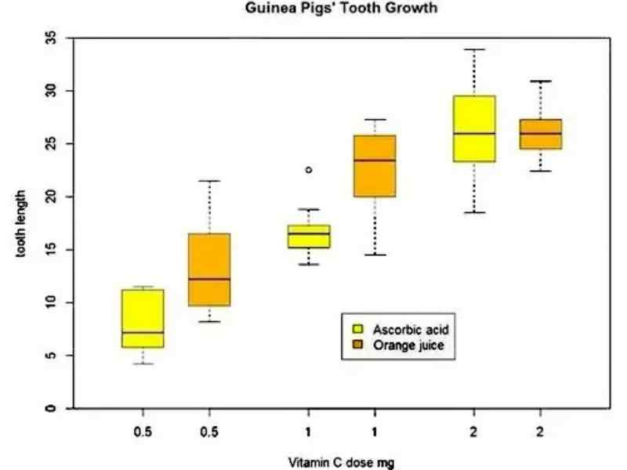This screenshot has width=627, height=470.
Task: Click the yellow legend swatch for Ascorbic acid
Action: (x=358, y=329)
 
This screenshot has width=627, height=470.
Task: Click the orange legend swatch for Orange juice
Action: (x=358, y=345)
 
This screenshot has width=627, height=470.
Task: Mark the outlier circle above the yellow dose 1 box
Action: (x=309, y=169)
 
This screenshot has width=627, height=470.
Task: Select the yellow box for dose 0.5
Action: (x=143, y=318)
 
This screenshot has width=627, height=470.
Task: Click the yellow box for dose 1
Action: (x=309, y=236)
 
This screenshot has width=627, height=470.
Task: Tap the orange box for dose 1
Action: (x=375, y=165)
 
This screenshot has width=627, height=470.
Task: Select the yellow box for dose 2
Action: (x=474, y=128)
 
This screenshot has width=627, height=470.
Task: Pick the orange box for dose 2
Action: (x=540, y=134)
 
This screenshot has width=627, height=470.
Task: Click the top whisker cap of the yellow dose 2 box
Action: (x=474, y=49)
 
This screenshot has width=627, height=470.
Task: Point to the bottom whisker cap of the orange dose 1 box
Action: (x=375, y=255)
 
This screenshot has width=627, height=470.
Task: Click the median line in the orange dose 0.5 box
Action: (x=209, y=279)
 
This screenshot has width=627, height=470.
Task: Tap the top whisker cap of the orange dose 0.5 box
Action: (x=209, y=181)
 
